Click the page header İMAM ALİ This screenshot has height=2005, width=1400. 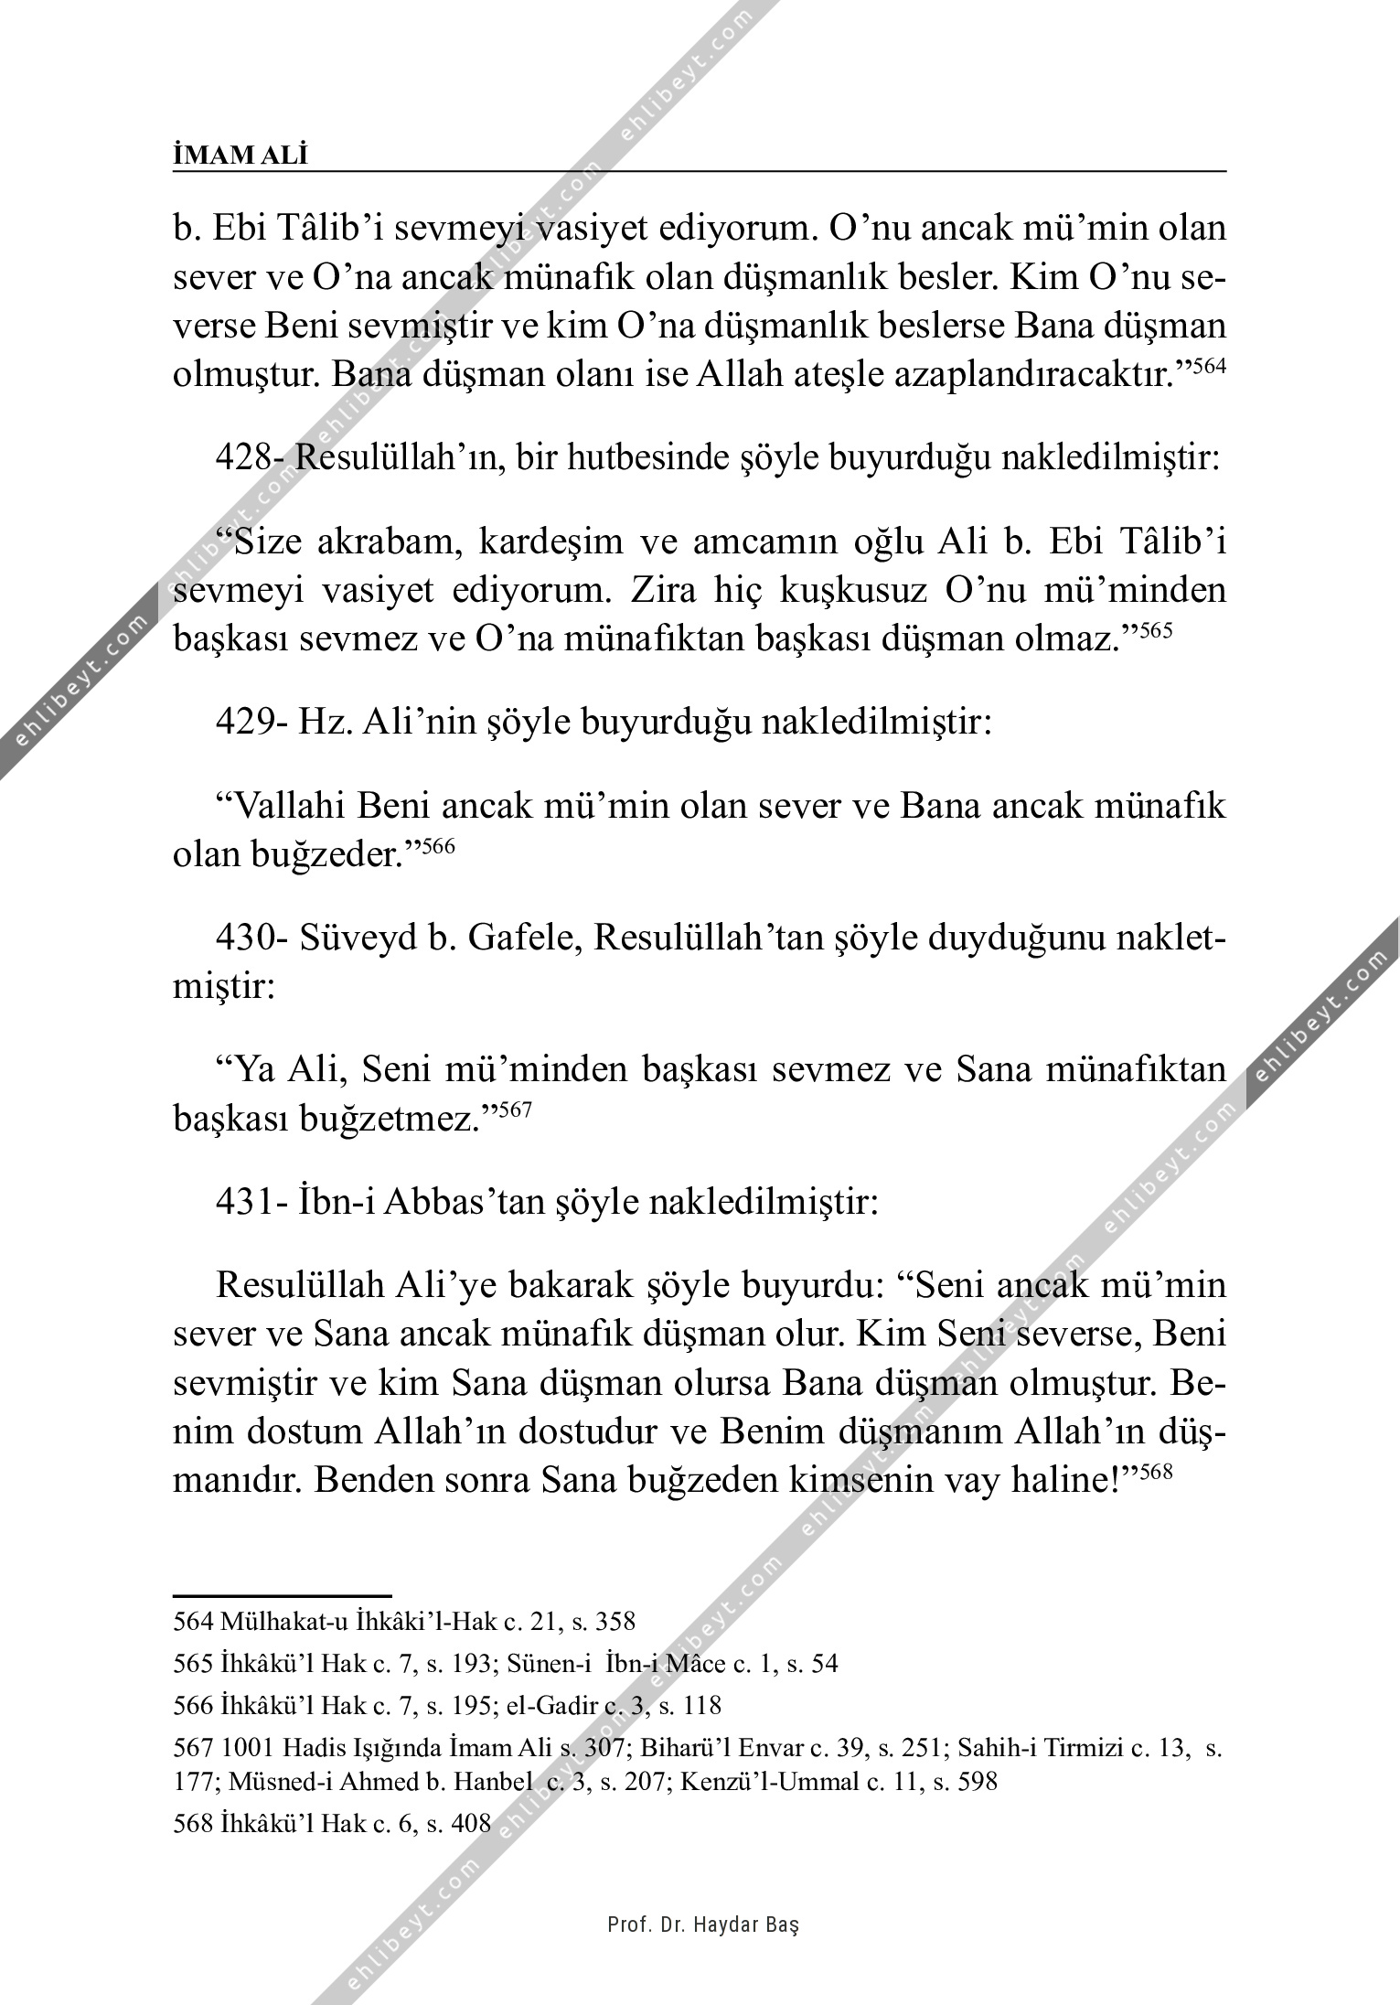pyautogui.click(x=240, y=156)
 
